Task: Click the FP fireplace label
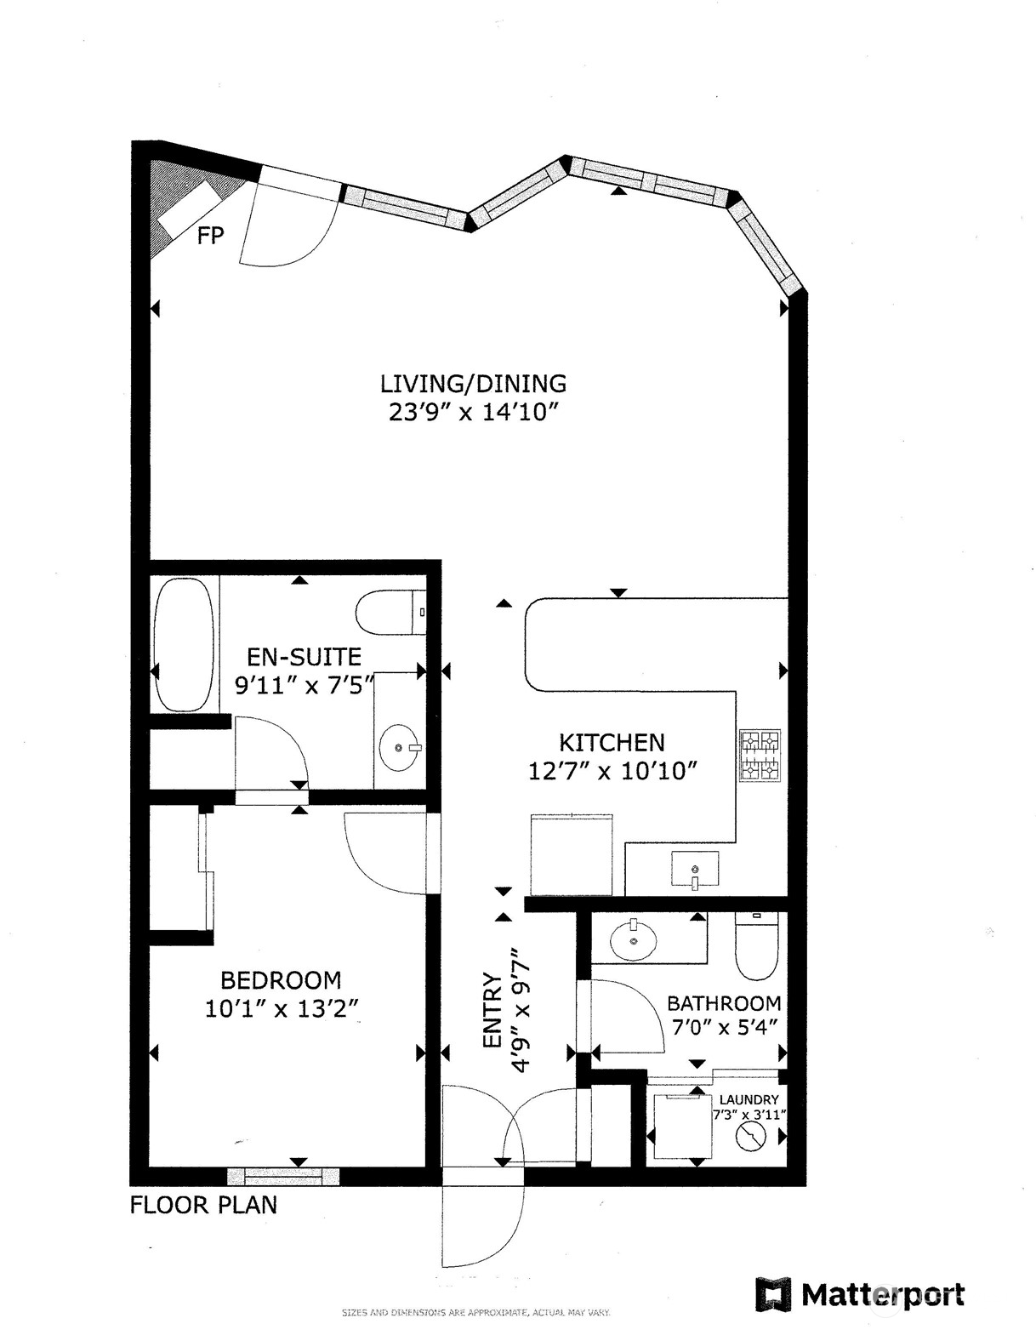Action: pos(210,235)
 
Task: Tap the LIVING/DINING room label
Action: pos(473,384)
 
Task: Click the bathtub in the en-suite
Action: pos(184,644)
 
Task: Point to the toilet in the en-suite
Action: pos(391,612)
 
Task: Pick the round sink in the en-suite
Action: pos(398,747)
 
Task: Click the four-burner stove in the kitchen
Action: pos(760,756)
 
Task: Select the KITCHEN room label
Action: pos(612,742)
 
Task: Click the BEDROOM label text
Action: pos(281,980)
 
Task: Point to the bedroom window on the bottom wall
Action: pos(284,1176)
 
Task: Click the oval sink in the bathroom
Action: pos(634,941)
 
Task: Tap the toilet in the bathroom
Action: pos(757,946)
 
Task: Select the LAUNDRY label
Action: pos(749,1099)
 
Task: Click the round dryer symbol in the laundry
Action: pos(751,1136)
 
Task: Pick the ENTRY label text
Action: pos(492,1010)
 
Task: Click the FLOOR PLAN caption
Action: pos(203,1205)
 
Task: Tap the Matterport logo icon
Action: pos(773,1295)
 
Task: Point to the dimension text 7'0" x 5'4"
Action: pos(724,1028)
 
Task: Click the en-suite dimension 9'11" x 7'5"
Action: pos(304,685)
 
